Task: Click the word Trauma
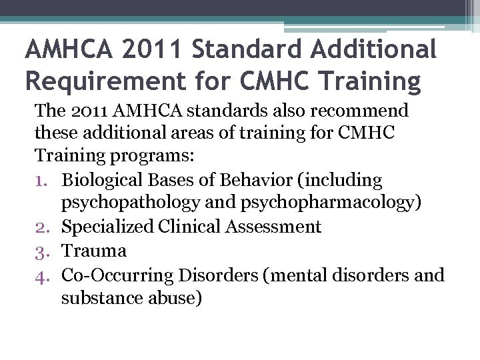click(94, 251)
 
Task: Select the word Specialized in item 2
click(106, 227)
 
